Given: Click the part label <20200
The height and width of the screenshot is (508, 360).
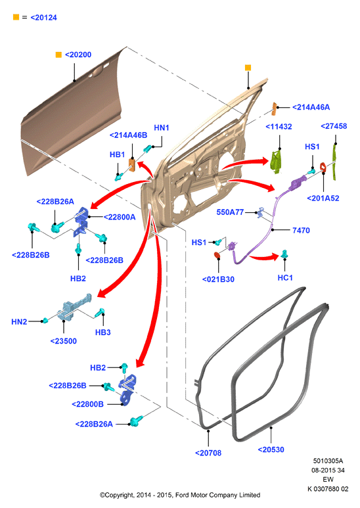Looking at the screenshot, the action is pos(78,55).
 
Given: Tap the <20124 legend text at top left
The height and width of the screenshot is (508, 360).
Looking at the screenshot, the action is pos(44,18).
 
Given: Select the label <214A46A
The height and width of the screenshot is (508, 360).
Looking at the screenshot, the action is pos(311,107).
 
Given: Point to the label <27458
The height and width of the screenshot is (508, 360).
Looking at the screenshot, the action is pos(334,126).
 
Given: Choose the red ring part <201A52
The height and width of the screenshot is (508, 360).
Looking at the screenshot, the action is pos(323,167).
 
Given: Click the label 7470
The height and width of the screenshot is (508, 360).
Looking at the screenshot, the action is pos(301,231).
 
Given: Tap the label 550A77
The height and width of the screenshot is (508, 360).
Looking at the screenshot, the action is pos(230,212).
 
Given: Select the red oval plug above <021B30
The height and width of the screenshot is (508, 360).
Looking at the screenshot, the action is pos(217,255).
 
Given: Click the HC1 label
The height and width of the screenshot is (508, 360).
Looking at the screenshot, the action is pos(285,277).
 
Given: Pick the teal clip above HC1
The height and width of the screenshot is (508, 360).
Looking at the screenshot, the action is pos(284,254).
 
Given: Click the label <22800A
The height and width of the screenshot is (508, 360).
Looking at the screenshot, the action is pos(120,217).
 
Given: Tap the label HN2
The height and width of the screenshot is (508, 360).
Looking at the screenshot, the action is pos(19,322).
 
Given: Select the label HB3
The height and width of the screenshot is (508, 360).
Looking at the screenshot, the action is pos(103,333).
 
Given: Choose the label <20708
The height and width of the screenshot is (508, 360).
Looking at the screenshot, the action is pos(208,453).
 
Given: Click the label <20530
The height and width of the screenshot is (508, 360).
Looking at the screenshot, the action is pos(271,450).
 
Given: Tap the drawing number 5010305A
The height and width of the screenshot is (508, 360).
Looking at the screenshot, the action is pos(328,461).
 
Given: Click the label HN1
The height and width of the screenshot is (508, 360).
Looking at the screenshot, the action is pos(161,127).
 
